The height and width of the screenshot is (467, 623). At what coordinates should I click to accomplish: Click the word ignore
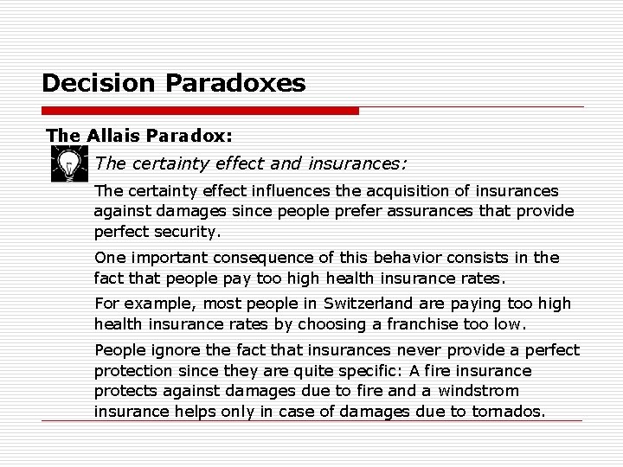(163, 350)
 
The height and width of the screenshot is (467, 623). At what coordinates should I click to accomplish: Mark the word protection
(132, 370)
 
